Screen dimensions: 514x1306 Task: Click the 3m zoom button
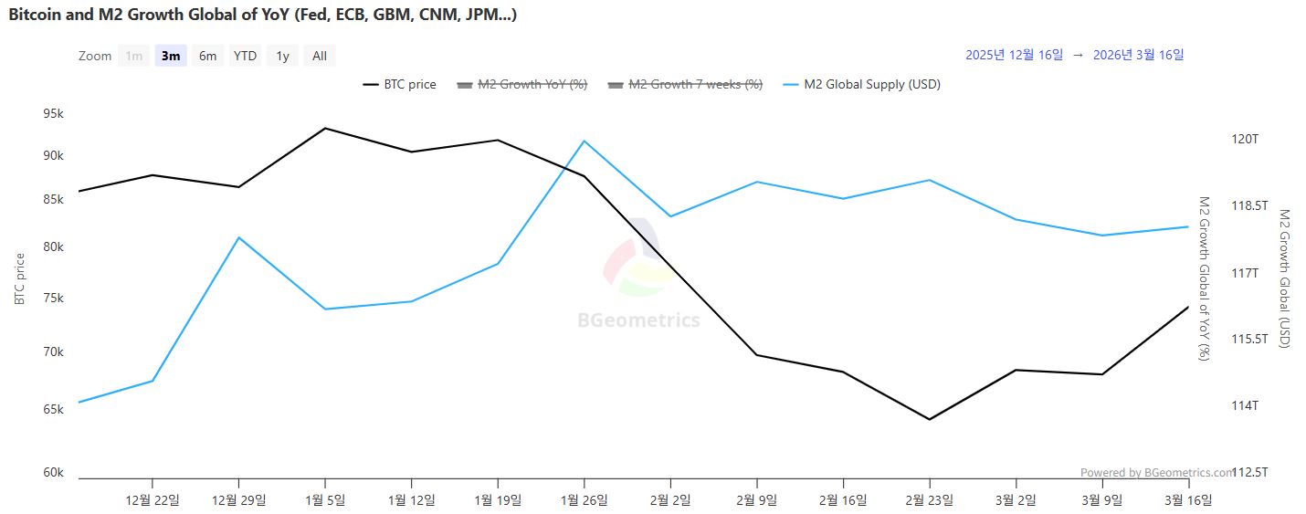[x=171, y=56]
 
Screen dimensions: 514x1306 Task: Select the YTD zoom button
[x=245, y=56]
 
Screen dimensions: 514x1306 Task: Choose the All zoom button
[x=320, y=56]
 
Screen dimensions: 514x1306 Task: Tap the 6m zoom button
[x=208, y=56]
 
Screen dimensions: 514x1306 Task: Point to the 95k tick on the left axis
[x=53, y=114]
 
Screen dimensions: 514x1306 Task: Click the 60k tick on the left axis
[x=53, y=473]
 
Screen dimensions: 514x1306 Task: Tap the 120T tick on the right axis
[x=1245, y=140]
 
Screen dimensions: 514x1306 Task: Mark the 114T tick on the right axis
[x=1245, y=405]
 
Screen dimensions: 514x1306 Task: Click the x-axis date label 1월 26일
[x=585, y=499]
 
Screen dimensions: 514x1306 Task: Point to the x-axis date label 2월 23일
[x=930, y=499]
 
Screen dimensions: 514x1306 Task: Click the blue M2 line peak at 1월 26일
[x=585, y=141]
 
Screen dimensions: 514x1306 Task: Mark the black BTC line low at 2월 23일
[x=930, y=420]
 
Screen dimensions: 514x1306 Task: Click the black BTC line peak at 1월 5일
[x=325, y=128]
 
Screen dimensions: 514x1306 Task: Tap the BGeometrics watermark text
[x=638, y=320]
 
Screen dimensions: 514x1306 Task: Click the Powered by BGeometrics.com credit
[x=1156, y=473]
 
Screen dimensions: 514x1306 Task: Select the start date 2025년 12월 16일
[x=1014, y=55]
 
